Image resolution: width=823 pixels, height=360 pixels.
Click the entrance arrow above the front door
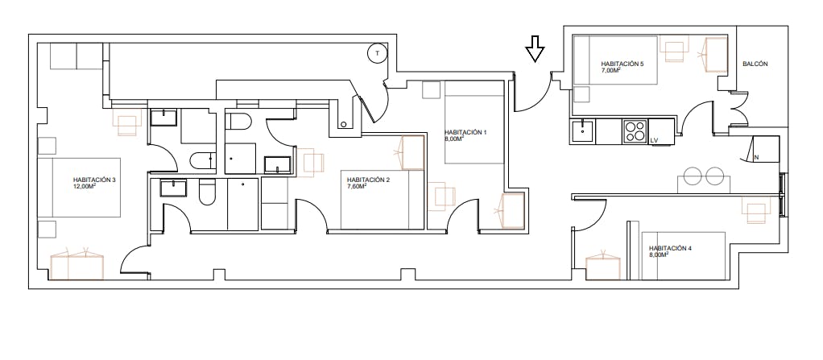[x=535, y=49]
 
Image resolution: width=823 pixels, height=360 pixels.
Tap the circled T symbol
[x=377, y=53]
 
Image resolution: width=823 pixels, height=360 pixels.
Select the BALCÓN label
[x=755, y=64]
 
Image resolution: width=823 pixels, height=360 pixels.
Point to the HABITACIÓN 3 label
[x=94, y=180]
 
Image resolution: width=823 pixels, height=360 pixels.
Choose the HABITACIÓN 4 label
[x=670, y=248]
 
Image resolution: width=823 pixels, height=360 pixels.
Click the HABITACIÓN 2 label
[x=368, y=180]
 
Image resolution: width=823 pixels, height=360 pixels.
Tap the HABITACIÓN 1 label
[x=465, y=132]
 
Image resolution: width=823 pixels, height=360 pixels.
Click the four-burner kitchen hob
[x=635, y=131]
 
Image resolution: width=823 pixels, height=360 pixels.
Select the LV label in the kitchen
[x=654, y=141]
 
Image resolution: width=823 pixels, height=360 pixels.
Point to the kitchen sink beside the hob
[x=582, y=131]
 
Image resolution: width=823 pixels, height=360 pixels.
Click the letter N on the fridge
[x=756, y=156]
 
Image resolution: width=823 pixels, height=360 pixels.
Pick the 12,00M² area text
[x=85, y=186]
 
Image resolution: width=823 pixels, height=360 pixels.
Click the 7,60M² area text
[x=357, y=186]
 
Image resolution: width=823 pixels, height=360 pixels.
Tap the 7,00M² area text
[x=610, y=70]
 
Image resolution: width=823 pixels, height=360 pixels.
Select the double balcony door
[x=738, y=110]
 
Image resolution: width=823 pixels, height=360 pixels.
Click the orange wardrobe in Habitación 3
[x=77, y=265]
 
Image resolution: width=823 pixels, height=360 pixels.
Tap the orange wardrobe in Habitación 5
[x=716, y=55]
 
